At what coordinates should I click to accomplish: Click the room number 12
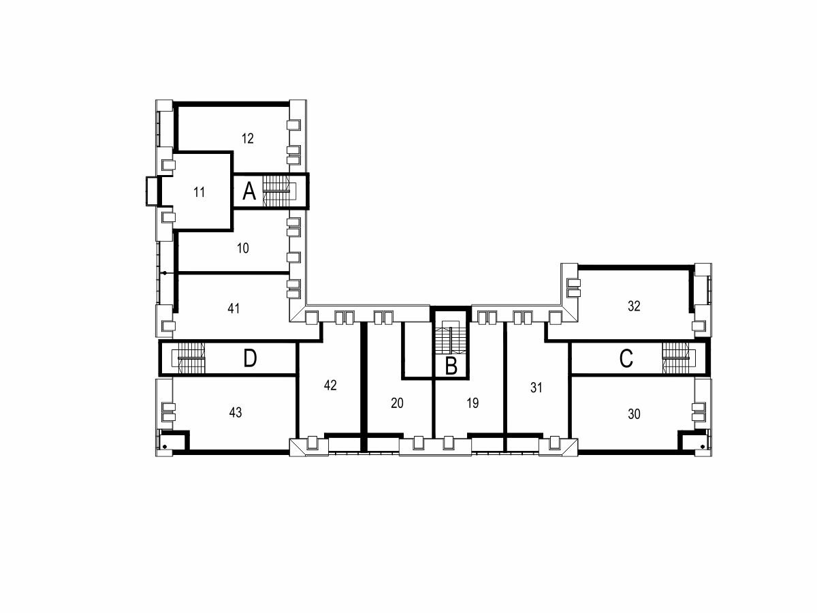click(248, 139)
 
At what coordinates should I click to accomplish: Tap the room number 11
click(199, 193)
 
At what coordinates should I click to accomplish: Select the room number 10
click(242, 248)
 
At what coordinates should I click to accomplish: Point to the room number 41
click(234, 309)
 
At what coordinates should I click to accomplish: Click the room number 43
click(236, 412)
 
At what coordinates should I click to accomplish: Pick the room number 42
click(330, 386)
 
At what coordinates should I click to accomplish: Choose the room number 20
click(397, 403)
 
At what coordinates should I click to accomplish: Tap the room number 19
click(472, 403)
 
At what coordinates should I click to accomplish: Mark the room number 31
click(536, 388)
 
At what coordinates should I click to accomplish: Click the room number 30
click(634, 414)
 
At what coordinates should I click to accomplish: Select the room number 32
click(634, 306)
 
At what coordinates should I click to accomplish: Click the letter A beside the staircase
click(249, 191)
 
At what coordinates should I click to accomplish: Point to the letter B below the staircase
click(451, 366)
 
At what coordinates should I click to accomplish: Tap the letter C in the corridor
click(626, 359)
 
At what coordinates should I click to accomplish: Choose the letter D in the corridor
click(250, 359)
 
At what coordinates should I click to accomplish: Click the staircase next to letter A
click(276, 191)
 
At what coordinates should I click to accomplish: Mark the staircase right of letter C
click(675, 358)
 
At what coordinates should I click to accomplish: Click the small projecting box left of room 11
click(152, 191)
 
